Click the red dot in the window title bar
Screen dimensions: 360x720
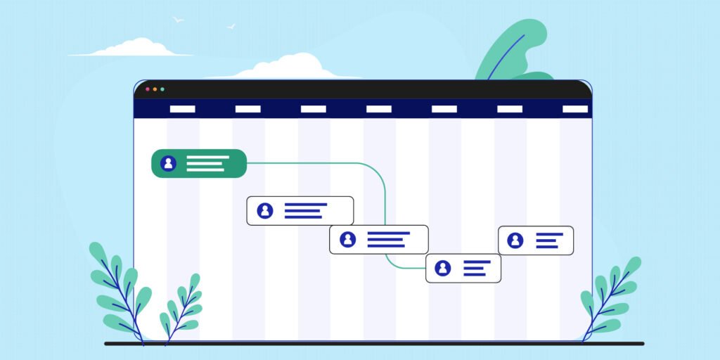pyautogui.click(x=147, y=89)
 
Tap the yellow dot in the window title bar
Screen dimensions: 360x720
pyautogui.click(x=155, y=89)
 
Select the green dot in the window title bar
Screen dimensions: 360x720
pyautogui.click(x=162, y=89)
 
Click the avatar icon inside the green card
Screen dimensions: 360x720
pyautogui.click(x=168, y=163)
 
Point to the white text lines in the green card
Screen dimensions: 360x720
pyautogui.click(x=207, y=163)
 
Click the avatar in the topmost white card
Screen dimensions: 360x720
pyautogui.click(x=265, y=210)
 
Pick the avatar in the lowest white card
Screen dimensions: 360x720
pyautogui.click(x=442, y=268)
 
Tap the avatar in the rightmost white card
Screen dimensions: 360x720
pyautogui.click(x=515, y=240)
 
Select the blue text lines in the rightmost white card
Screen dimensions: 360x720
pyautogui.click(x=548, y=240)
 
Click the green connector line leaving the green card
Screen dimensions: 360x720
pyautogui.click(x=316, y=163)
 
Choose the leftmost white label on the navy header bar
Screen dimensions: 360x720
pyautogui.click(x=183, y=109)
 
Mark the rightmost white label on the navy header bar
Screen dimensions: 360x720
pyautogui.click(x=575, y=109)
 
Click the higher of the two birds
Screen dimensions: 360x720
pyautogui.click(x=178, y=20)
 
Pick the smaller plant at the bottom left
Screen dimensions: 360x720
pyautogui.click(x=181, y=309)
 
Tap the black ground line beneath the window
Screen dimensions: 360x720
pyautogui.click(x=373, y=344)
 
